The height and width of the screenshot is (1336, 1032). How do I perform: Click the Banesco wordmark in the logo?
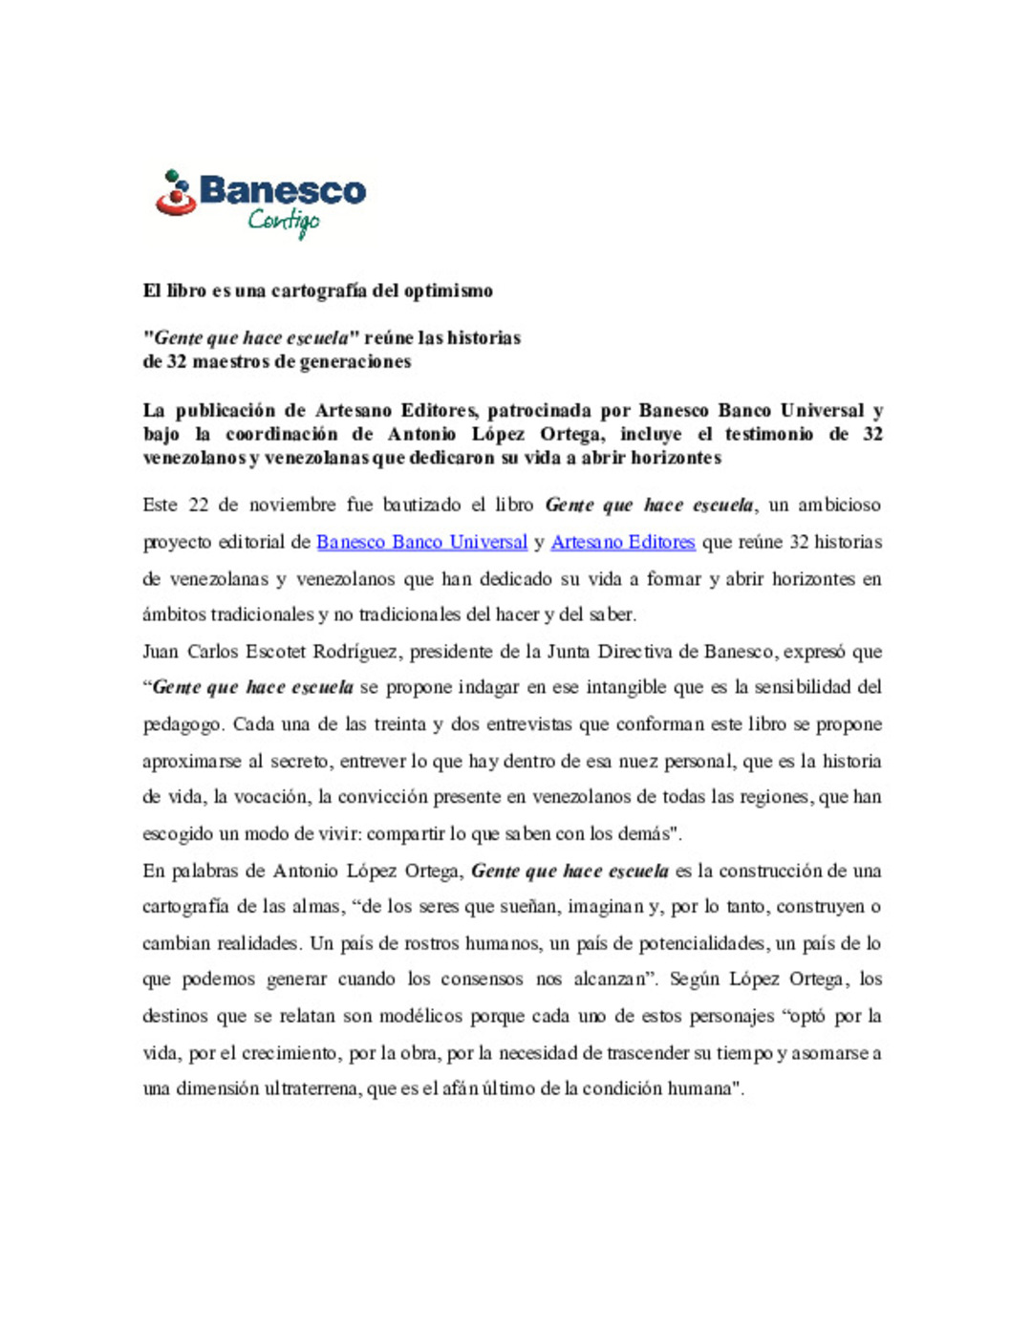pyautogui.click(x=282, y=190)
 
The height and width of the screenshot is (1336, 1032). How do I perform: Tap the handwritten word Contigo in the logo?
pyautogui.click(x=284, y=222)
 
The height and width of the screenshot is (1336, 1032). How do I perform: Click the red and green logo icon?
pyautogui.click(x=175, y=193)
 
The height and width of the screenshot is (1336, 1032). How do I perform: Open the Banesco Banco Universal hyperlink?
pyautogui.click(x=421, y=542)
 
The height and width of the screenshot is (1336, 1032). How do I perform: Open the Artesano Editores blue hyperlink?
pyautogui.click(x=623, y=542)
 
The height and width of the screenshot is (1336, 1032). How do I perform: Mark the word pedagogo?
pyautogui.click(x=183, y=724)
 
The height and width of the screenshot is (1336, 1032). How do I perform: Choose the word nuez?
pyautogui.click(x=639, y=762)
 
